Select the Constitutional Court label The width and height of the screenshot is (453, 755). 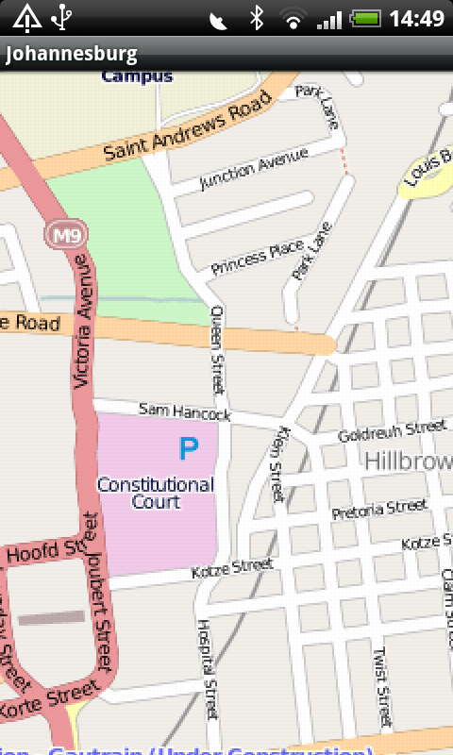pyautogui.click(x=156, y=493)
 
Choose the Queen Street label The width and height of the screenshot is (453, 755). pyautogui.click(x=218, y=349)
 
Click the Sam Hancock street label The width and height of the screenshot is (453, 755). pyautogui.click(x=184, y=411)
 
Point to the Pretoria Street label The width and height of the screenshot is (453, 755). pyautogui.click(x=380, y=511)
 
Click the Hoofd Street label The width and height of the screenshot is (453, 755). pyautogui.click(x=45, y=551)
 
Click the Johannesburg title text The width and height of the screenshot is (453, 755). pyautogui.click(x=72, y=54)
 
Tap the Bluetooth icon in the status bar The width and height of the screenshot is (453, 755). pyautogui.click(x=256, y=17)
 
